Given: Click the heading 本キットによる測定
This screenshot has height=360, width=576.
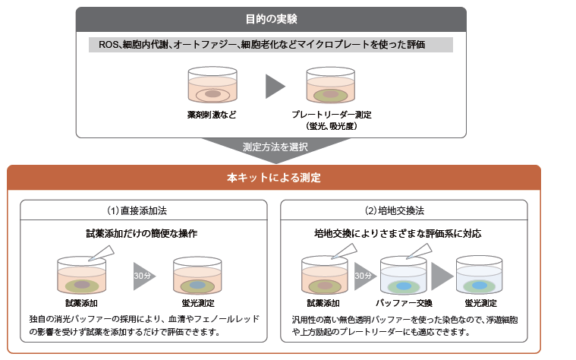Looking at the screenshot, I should [274, 178].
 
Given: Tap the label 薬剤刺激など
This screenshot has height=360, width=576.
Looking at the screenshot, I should [212, 115].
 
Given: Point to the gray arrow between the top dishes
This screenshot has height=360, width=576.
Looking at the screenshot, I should [274, 87].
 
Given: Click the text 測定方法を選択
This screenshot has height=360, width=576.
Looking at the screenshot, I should [275, 147].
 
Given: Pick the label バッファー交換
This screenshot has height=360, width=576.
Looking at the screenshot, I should [404, 303].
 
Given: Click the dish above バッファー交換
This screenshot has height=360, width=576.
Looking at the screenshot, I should [404, 277].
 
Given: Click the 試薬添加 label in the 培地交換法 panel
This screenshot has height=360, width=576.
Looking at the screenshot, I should [326, 303].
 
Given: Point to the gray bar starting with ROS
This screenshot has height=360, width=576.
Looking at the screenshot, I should [271, 45].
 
